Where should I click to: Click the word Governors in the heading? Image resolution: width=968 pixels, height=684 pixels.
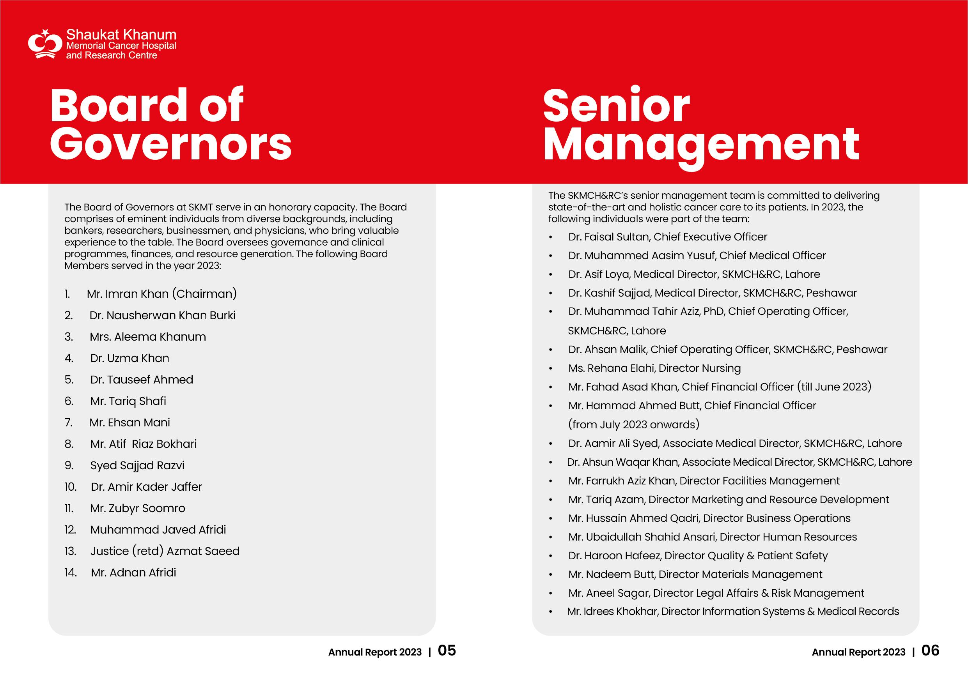171,144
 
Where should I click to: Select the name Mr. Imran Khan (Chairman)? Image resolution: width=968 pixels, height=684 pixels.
162,294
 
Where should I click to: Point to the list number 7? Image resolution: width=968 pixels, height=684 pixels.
69,422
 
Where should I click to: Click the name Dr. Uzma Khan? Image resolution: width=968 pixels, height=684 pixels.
129,358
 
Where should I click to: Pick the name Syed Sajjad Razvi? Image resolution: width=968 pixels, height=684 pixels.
137,465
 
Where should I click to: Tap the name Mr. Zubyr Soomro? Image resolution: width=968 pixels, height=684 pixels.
137,508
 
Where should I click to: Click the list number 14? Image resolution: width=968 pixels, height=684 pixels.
71,572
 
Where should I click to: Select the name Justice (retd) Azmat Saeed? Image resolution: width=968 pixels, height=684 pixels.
165,551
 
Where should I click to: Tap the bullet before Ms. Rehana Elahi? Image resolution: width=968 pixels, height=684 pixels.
551,369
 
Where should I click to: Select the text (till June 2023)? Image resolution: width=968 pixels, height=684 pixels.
834,387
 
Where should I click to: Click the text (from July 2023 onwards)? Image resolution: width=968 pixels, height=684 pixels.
634,424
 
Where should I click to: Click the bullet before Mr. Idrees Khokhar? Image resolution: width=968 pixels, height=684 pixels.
551,612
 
